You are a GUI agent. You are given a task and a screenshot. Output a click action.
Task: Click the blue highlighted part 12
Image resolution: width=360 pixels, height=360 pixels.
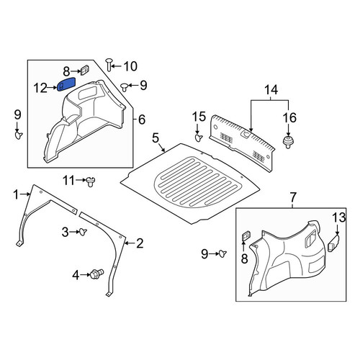click(x=66, y=84)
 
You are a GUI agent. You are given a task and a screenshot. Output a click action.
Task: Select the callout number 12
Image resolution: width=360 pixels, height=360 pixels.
click(x=40, y=88)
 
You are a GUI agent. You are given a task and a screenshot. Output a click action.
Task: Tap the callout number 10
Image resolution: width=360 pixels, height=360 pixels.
click(x=130, y=66)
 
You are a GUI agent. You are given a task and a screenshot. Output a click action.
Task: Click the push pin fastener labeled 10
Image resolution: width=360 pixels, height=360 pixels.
click(x=109, y=64)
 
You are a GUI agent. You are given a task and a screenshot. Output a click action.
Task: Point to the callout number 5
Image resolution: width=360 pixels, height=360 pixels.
click(x=156, y=138)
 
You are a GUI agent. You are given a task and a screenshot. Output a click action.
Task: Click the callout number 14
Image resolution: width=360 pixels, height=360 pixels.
click(x=271, y=90)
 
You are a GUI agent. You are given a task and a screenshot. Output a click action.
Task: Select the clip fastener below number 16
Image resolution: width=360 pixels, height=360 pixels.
click(x=288, y=143)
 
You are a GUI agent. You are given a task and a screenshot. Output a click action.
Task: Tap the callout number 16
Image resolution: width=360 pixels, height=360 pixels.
click(x=289, y=118)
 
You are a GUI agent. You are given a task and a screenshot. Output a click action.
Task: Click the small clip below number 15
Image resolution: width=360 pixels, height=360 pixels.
click(x=198, y=138)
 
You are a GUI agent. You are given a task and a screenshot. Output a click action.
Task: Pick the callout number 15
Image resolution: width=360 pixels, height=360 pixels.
click(x=199, y=117)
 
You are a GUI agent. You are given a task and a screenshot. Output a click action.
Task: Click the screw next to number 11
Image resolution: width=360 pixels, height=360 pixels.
click(x=91, y=181)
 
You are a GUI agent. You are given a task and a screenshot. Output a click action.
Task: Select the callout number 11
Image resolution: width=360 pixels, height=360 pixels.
click(x=68, y=181)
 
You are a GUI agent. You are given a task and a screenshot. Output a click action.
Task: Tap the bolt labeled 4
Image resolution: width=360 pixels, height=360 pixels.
click(x=97, y=274)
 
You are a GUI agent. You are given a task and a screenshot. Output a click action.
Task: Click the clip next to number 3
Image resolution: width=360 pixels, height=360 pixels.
click(x=83, y=232)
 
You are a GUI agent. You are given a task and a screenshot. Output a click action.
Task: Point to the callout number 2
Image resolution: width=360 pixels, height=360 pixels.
click(x=140, y=243)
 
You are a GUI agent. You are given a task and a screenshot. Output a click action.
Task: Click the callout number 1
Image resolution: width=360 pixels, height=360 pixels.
click(x=16, y=194)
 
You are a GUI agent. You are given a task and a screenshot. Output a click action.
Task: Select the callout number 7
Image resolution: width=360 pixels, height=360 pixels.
click(x=293, y=197)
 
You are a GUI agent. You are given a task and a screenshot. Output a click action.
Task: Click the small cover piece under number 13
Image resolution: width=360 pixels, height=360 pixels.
click(x=333, y=243)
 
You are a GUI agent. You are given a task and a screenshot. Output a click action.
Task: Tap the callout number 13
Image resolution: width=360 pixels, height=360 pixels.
click(x=339, y=217)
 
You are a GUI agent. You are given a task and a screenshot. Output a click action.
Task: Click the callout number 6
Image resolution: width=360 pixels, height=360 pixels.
click(x=142, y=120)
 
